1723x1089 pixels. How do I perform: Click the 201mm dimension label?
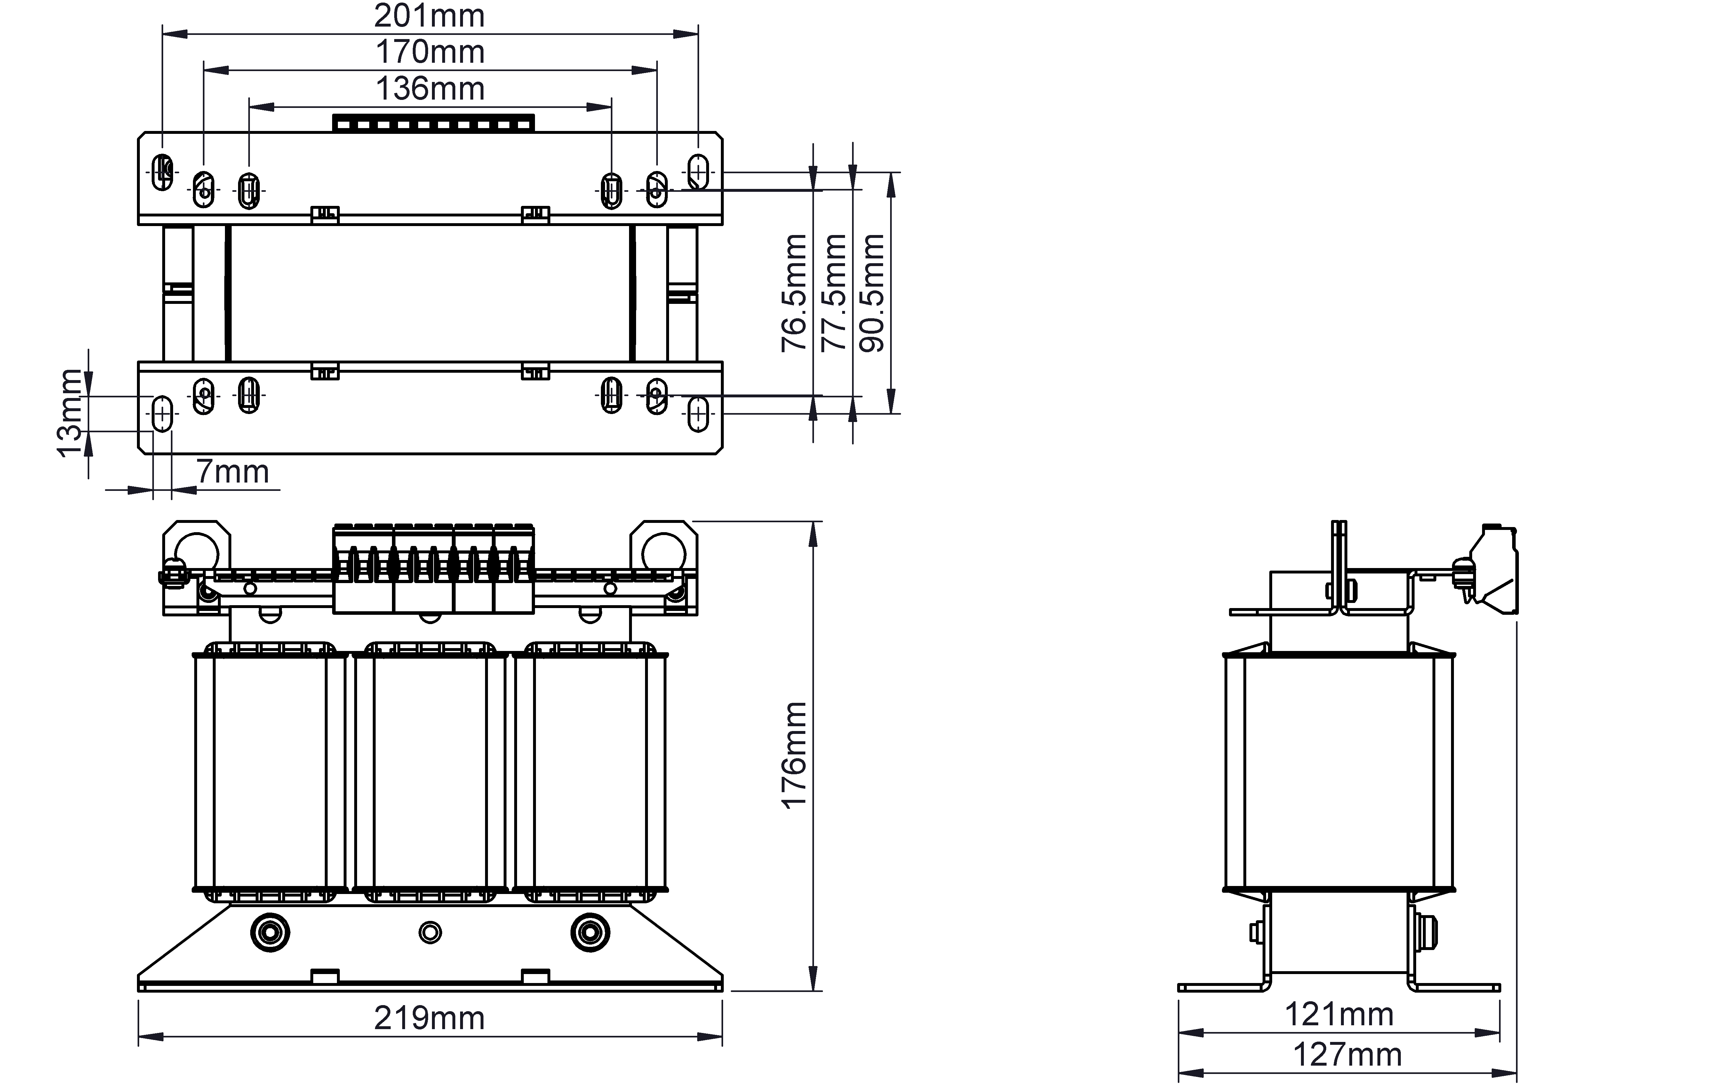point(429,16)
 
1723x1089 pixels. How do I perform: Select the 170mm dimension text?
point(430,52)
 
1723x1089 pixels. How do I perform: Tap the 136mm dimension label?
point(430,89)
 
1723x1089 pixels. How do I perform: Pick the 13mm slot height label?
point(70,413)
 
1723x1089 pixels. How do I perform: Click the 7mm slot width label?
point(233,472)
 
